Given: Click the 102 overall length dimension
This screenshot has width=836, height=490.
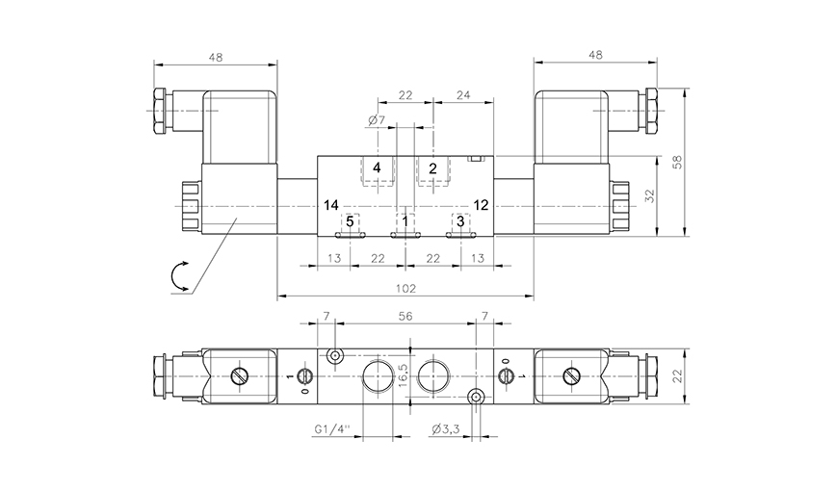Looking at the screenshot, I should [x=405, y=287].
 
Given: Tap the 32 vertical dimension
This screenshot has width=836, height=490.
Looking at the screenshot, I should [x=649, y=194].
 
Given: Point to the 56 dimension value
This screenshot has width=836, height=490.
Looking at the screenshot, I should [x=405, y=316].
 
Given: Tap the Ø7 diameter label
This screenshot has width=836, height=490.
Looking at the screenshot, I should [x=377, y=120].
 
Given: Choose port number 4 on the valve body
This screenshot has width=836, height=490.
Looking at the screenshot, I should [x=377, y=168].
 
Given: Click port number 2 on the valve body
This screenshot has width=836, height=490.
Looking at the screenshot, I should [x=432, y=168].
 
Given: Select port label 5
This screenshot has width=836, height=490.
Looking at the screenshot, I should [x=351, y=220].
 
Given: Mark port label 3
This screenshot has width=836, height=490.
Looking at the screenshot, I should [x=460, y=220].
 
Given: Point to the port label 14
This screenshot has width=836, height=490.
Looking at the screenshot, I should [x=331, y=205].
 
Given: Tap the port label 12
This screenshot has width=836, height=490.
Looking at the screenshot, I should [x=482, y=205].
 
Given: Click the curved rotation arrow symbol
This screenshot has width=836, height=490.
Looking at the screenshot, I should [x=181, y=276].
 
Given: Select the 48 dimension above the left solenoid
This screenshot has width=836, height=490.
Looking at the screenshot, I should [x=215, y=57].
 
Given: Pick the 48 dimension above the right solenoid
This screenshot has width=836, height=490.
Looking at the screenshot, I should [x=595, y=57].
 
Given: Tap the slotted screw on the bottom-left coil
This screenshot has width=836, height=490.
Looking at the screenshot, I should [x=240, y=374].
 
